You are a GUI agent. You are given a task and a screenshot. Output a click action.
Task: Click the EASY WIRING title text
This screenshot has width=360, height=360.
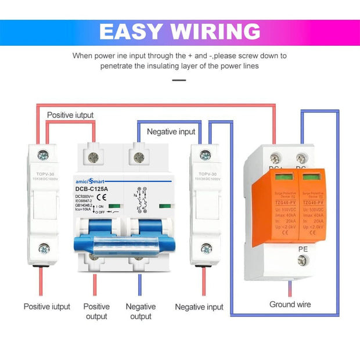tap(179, 31)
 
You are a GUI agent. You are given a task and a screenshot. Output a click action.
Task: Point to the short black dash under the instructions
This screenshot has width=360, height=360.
tap(179, 80)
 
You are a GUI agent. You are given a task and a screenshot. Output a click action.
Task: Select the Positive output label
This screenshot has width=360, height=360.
tap(96, 311)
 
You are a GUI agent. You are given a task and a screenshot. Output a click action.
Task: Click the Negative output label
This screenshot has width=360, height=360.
tap(141, 311)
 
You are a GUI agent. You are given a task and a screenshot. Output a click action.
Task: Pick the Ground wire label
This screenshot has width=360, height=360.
tap(290, 304)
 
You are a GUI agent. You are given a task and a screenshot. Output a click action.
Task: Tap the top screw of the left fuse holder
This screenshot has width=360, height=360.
tap(44, 155)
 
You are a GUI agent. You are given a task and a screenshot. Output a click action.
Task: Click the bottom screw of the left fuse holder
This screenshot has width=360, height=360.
tap(44, 249)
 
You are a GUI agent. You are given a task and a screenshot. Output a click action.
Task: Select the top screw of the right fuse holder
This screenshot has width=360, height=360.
tap(205, 155)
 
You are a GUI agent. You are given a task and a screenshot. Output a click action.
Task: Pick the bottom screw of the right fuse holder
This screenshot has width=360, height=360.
tap(206, 249)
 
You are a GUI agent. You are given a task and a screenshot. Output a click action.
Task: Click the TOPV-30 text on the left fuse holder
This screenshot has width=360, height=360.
tap(44, 174)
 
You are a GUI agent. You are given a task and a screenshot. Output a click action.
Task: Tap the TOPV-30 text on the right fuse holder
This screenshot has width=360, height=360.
tap(206, 174)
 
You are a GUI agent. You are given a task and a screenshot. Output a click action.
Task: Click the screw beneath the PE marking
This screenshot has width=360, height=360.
tap(302, 261)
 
